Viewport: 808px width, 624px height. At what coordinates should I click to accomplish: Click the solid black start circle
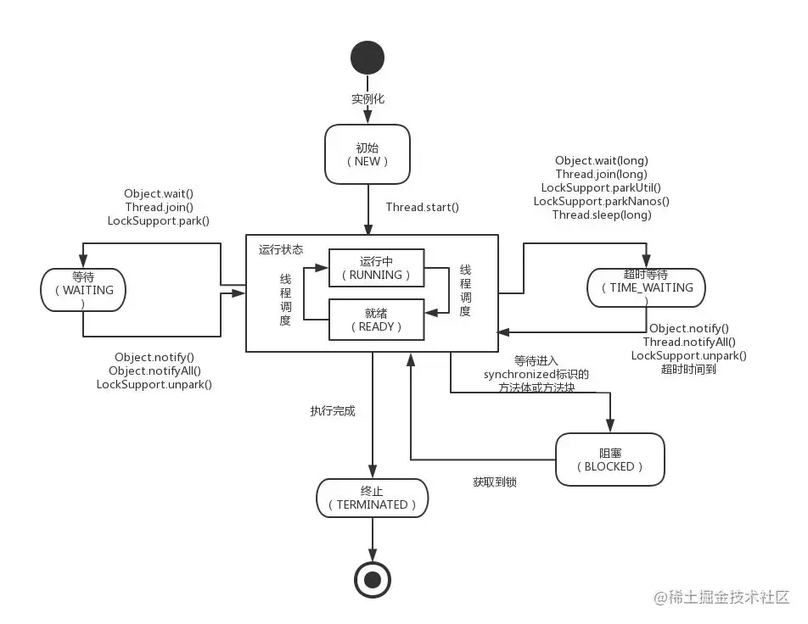[x=368, y=58]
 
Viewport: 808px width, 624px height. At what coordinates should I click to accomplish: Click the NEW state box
[x=368, y=153]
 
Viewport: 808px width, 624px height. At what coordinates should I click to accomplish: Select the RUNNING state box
[x=376, y=268]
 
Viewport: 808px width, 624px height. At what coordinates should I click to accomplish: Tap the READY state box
[x=376, y=319]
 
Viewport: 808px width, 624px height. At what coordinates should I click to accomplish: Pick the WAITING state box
[x=82, y=290]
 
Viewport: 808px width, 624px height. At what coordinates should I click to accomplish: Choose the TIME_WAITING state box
[x=646, y=287]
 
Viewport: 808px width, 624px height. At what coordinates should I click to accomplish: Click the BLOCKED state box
[x=609, y=460]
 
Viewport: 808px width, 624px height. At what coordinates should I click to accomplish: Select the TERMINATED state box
[x=373, y=498]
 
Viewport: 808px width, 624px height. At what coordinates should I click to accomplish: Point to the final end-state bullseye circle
[x=372, y=580]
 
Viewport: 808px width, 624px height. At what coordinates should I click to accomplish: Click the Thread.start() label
[x=422, y=207]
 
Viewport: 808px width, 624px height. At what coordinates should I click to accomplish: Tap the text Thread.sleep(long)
[x=602, y=214]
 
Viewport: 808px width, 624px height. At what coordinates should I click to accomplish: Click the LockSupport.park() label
[x=159, y=220]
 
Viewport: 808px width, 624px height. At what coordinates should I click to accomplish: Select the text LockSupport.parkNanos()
[x=602, y=201]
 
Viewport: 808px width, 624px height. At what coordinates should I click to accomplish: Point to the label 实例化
[x=368, y=99]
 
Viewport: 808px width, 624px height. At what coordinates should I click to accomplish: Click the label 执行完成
[x=333, y=411]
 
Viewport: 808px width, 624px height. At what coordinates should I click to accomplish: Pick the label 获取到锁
[x=495, y=482]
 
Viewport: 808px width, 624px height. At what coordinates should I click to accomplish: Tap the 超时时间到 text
[x=688, y=369]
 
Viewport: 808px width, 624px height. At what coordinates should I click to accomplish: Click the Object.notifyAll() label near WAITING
[x=154, y=370]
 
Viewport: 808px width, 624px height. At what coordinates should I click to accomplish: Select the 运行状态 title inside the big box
[x=281, y=250]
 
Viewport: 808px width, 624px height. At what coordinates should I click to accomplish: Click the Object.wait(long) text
[x=602, y=160]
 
